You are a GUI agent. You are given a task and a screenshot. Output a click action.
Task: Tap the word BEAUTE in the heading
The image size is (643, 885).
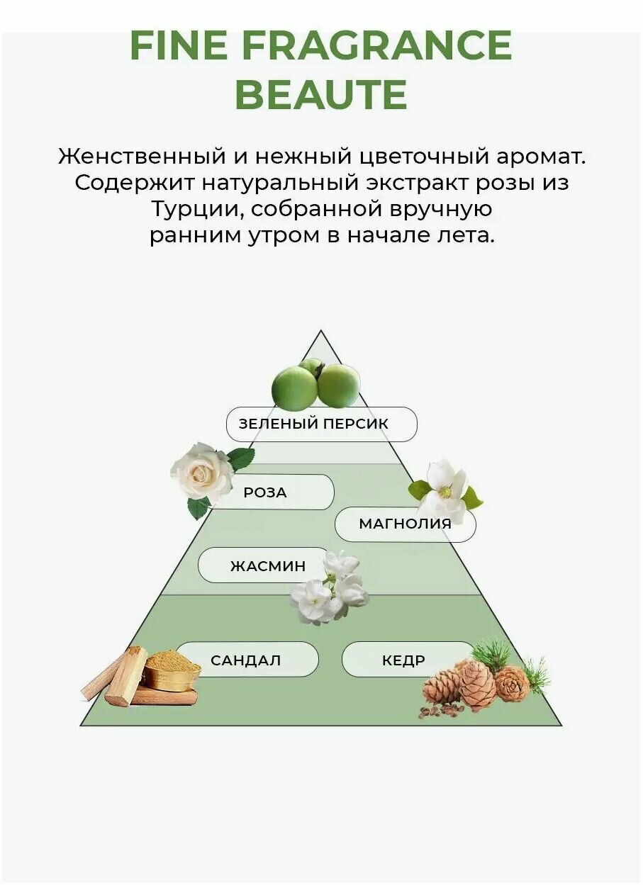coord(321,94)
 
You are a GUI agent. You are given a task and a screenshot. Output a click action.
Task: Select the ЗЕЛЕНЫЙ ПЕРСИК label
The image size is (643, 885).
coord(321,424)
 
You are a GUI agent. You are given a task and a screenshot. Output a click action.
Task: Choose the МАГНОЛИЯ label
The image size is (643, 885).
coord(405,524)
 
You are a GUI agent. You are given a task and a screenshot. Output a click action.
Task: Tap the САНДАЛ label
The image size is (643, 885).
coord(246,660)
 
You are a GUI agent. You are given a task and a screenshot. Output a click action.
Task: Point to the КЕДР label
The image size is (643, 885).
coord(404,660)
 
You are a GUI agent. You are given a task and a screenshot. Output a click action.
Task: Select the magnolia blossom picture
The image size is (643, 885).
coord(444,490)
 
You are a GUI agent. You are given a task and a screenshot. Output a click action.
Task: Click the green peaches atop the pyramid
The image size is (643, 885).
coord(316,385)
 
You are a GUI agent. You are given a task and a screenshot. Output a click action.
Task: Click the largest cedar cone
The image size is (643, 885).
coord(477,684)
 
